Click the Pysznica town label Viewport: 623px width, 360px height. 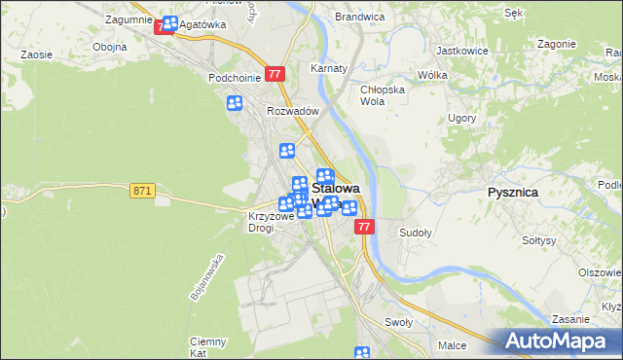coord(512,193)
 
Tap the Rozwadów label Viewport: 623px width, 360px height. coord(293,111)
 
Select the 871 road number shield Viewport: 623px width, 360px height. coord(143,191)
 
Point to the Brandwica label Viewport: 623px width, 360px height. coord(360,17)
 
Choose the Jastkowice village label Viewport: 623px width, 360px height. coord(461,49)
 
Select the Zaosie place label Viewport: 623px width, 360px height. coord(36,55)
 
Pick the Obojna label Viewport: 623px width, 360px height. coord(109,47)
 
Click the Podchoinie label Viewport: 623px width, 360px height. coord(232,77)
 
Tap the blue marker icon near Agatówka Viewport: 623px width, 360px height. coord(170,23)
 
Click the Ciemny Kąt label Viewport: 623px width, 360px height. coord(208,347)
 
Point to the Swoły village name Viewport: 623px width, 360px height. coord(399,322)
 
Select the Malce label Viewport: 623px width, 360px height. coord(452,344)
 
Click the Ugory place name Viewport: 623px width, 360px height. coord(461,118)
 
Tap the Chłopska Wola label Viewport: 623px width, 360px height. coord(380,94)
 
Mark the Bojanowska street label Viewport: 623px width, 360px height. coord(208,276)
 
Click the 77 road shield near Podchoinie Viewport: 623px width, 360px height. coord(275,74)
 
